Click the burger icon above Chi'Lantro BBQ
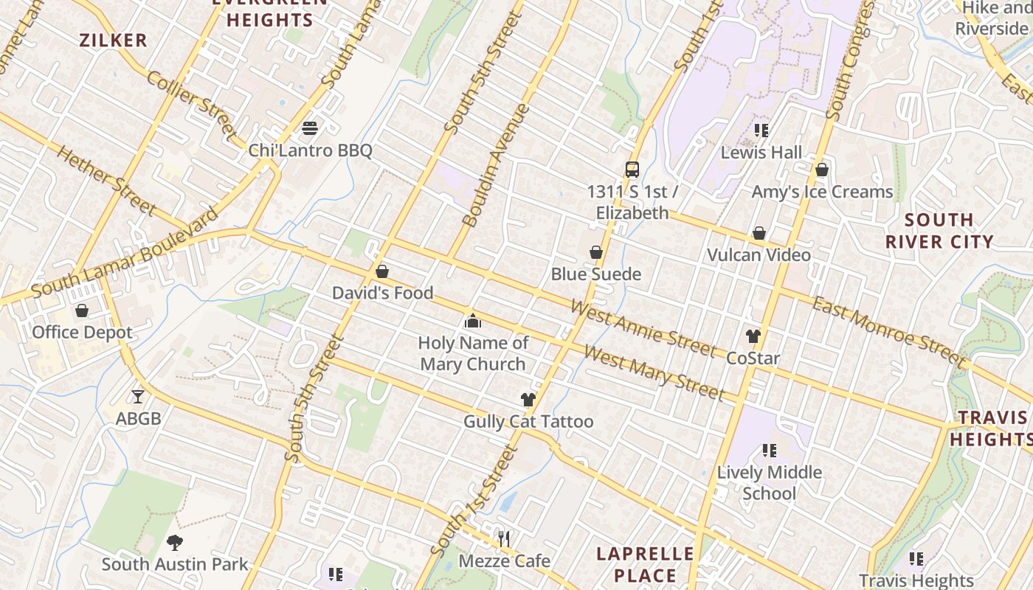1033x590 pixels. (x=310, y=128)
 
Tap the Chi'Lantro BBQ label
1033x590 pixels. (x=310, y=151)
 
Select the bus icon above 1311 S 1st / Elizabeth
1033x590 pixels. (x=632, y=170)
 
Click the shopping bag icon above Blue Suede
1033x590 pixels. (x=596, y=253)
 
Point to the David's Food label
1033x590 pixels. (x=382, y=293)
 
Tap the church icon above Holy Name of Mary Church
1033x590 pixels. (x=473, y=321)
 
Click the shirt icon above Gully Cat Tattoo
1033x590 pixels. (x=528, y=400)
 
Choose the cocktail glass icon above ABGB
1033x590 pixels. (x=138, y=397)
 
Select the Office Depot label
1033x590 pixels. (x=82, y=333)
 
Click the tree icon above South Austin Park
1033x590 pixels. (x=175, y=543)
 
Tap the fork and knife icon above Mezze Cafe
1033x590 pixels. (x=504, y=539)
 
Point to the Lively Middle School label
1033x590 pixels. (x=770, y=483)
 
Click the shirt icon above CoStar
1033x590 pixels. (x=753, y=336)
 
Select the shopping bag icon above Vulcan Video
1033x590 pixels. (x=759, y=234)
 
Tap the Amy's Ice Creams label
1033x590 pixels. (x=822, y=192)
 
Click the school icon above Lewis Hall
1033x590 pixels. (x=761, y=131)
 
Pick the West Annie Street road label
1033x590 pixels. (x=643, y=327)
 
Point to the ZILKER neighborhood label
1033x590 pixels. (x=114, y=41)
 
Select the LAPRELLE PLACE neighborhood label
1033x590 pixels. (x=645, y=565)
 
